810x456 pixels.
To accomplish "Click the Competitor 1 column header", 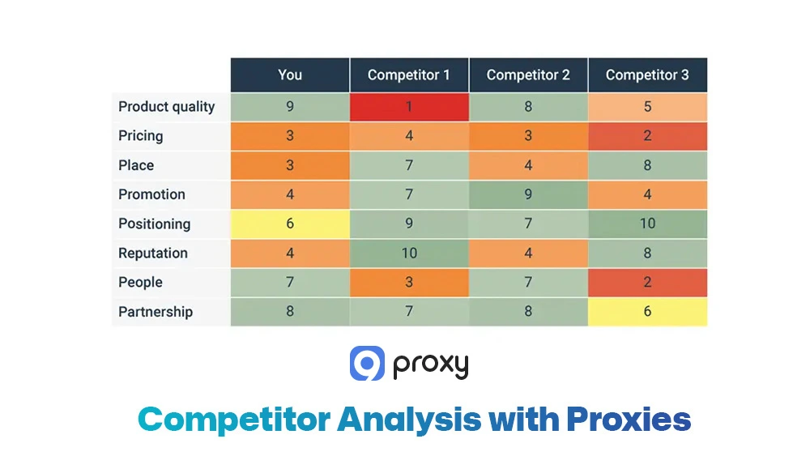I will (x=409, y=75).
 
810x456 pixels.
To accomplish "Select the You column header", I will (x=290, y=75).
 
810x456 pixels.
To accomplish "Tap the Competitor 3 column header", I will (x=647, y=75).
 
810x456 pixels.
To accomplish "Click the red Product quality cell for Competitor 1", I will (x=409, y=107).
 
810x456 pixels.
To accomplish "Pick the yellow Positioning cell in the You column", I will (x=290, y=224).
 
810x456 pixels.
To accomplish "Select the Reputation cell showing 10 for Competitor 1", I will (x=409, y=254).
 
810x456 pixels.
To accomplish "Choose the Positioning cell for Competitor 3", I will (x=647, y=224).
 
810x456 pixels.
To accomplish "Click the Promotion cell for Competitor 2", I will (x=528, y=194).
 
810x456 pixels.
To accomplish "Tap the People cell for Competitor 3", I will (x=647, y=283).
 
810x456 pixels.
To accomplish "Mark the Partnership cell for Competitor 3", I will (x=647, y=312).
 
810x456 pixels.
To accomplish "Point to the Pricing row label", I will (x=141, y=136).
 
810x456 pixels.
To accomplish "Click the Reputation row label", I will (x=153, y=254).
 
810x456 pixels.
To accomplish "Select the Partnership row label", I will (x=156, y=312).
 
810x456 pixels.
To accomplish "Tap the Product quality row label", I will (x=167, y=107).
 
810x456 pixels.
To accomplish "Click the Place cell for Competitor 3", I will (x=647, y=165).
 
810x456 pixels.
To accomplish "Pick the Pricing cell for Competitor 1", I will (x=409, y=136).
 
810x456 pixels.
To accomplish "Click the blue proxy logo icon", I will (x=367, y=364).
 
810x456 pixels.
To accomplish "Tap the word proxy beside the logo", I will (x=431, y=365).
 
